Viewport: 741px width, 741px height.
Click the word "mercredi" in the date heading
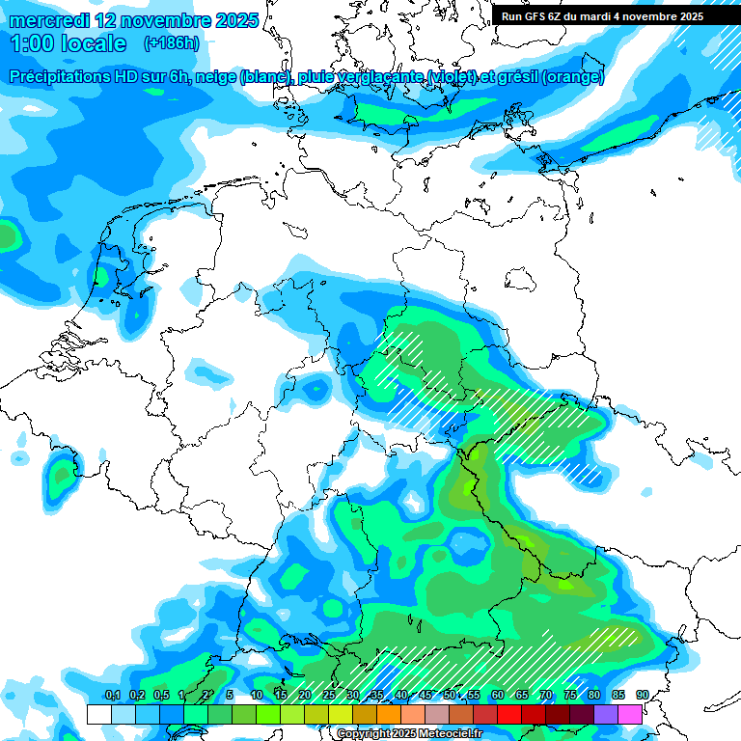tap(49, 20)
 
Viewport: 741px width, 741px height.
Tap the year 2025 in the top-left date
tap(231, 20)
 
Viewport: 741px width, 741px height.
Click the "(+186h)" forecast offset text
tap(171, 43)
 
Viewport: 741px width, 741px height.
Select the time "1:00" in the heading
tap(32, 43)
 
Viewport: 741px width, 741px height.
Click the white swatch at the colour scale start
tap(98, 714)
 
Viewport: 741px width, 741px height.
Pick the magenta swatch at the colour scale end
tap(630, 714)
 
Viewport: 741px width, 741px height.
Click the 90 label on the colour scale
tap(643, 695)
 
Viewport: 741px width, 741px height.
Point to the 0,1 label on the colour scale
tap(112, 695)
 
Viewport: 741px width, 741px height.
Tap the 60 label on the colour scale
tap(498, 695)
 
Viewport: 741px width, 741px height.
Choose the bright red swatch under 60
tap(509, 714)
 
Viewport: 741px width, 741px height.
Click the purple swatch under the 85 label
tap(606, 714)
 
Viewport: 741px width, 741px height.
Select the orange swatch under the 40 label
tap(389, 714)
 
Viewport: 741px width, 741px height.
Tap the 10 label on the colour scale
tap(257, 695)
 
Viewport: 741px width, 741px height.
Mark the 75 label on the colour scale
tap(570, 695)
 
